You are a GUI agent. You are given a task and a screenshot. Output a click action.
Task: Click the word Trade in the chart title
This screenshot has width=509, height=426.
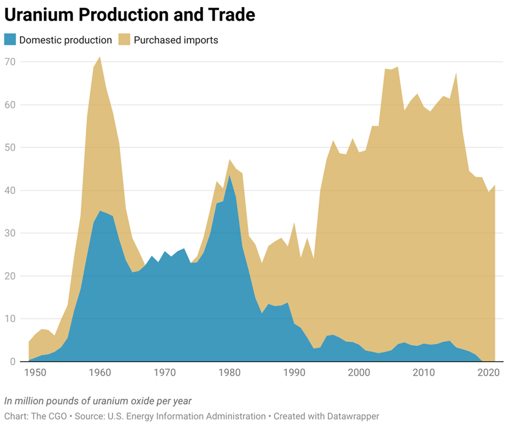pyautogui.click(x=230, y=14)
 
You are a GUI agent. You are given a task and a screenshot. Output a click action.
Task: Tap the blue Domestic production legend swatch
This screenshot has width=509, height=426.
pyautogui.click(x=10, y=40)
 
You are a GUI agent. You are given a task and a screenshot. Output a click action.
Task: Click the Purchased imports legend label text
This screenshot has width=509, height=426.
pyautogui.click(x=176, y=40)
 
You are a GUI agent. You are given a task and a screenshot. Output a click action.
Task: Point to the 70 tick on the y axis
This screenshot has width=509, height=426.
pyautogui.click(x=11, y=62)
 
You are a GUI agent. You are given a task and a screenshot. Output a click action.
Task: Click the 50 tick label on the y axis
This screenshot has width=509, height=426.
pyautogui.click(x=11, y=147)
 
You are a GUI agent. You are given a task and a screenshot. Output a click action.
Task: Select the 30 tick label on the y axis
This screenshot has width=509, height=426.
pyautogui.click(x=11, y=233)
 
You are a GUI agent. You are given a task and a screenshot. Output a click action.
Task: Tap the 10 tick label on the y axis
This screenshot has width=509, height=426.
pyautogui.click(x=11, y=319)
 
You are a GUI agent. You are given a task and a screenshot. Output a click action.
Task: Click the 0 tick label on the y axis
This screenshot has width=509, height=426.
pyautogui.click(x=13, y=361)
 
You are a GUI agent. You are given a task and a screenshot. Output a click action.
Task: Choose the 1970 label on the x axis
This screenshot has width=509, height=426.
pyautogui.click(x=165, y=373)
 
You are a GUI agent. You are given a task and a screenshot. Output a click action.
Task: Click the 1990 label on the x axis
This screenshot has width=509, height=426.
pyautogui.click(x=295, y=373)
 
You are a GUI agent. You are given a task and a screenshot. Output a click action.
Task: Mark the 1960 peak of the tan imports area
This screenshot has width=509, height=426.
pyautogui.click(x=99, y=58)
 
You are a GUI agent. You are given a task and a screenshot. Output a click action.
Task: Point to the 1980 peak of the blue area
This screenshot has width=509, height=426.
pyautogui.click(x=230, y=176)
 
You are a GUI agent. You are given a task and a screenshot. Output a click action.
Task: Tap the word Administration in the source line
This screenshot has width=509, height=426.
pyautogui.click(x=234, y=416)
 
